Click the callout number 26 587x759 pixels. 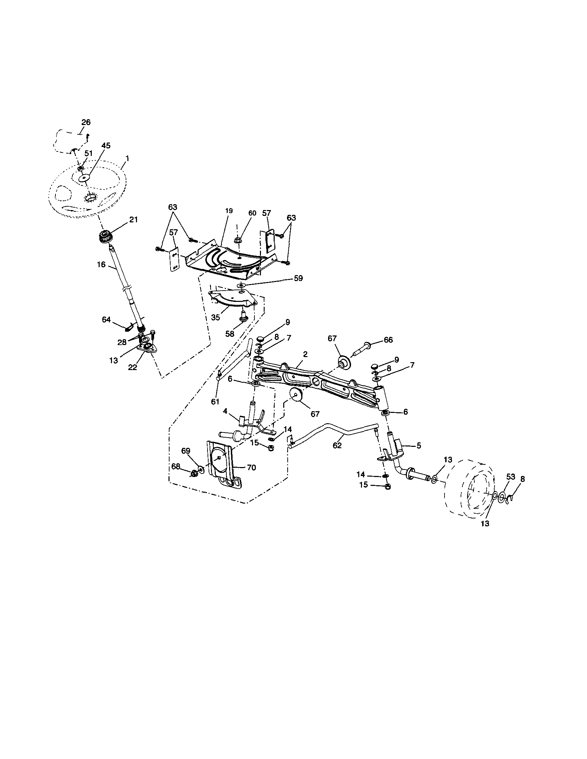pyautogui.click(x=86, y=122)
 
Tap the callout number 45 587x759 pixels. pyautogui.click(x=106, y=146)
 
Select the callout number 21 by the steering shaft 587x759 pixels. pyautogui.click(x=134, y=220)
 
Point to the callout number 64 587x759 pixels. pyautogui.click(x=106, y=319)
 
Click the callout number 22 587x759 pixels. pyautogui.click(x=133, y=367)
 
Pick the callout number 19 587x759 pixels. pyautogui.click(x=229, y=211)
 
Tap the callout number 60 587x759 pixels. pyautogui.click(x=252, y=213)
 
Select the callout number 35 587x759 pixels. pyautogui.click(x=216, y=317)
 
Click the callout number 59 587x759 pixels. pyautogui.click(x=298, y=278)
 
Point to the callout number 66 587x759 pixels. pyautogui.click(x=388, y=340)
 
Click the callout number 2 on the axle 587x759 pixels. pyautogui.click(x=305, y=354)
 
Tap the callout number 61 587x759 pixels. pyautogui.click(x=215, y=401)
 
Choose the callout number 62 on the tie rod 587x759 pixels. pyautogui.click(x=337, y=445)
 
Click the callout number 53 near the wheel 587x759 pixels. pyautogui.click(x=510, y=477)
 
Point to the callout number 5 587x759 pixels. pyautogui.click(x=419, y=445)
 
